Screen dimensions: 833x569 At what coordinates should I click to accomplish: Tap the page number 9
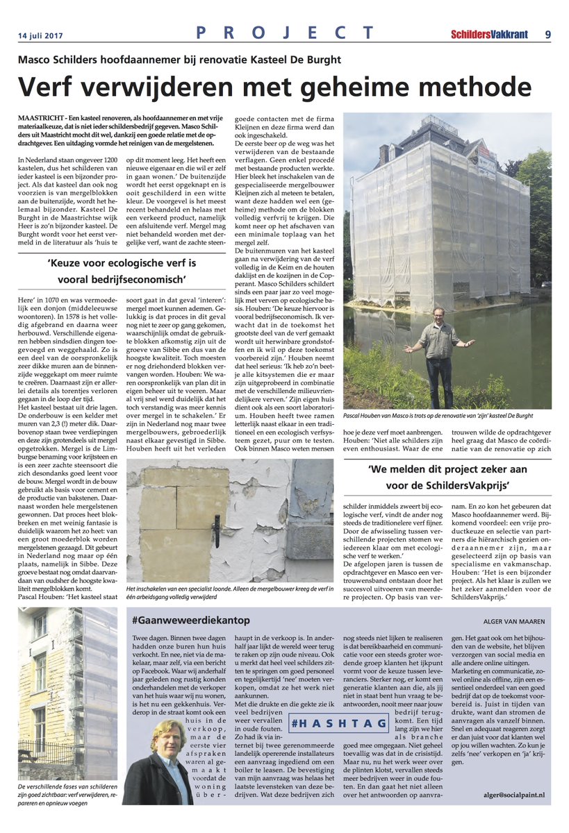(547, 33)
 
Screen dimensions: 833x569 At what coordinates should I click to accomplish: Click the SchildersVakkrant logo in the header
(489, 33)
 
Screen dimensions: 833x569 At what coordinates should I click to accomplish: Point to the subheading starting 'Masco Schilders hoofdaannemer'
(179, 60)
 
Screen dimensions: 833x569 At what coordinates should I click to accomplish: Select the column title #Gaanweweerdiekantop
(190, 619)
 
